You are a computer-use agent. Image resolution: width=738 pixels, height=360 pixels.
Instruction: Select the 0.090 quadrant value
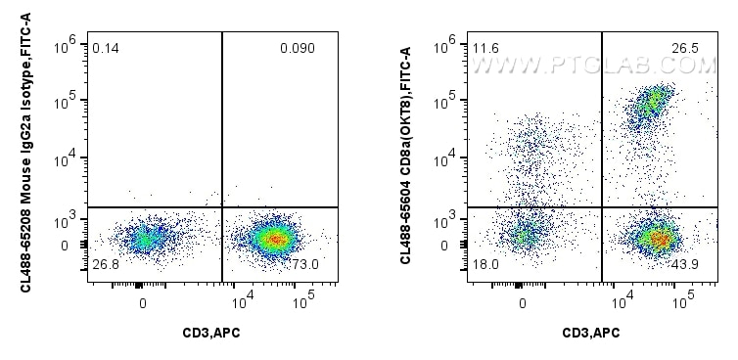(297, 48)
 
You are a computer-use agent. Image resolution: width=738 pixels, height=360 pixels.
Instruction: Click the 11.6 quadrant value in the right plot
(484, 48)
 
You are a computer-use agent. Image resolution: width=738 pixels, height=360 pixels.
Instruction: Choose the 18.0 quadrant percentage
(484, 265)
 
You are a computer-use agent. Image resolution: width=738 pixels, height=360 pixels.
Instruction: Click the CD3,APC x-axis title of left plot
(212, 334)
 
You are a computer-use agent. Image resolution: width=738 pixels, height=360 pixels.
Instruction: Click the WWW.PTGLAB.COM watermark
(594, 66)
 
